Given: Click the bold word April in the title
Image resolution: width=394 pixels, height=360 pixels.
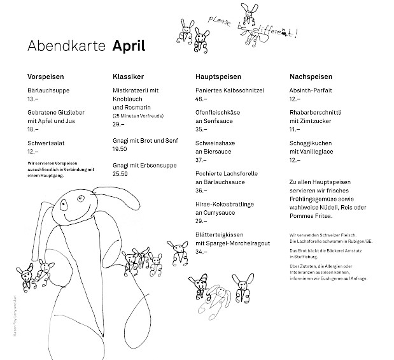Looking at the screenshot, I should (x=129, y=47).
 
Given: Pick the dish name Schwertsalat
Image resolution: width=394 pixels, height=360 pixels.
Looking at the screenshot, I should (x=46, y=143).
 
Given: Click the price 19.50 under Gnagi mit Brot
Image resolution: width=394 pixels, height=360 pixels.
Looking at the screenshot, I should (x=119, y=148).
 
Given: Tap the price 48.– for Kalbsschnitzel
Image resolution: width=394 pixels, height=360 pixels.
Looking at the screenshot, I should (x=201, y=99).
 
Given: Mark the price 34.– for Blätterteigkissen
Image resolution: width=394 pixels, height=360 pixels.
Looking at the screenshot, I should (x=201, y=252).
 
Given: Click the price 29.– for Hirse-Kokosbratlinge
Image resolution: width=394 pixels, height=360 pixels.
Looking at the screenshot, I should (x=201, y=220).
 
